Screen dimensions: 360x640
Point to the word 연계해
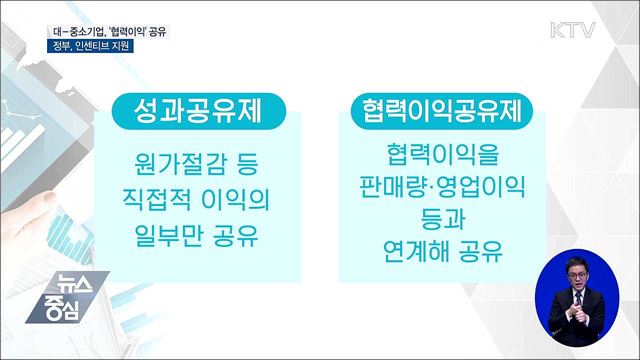click(412, 248)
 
